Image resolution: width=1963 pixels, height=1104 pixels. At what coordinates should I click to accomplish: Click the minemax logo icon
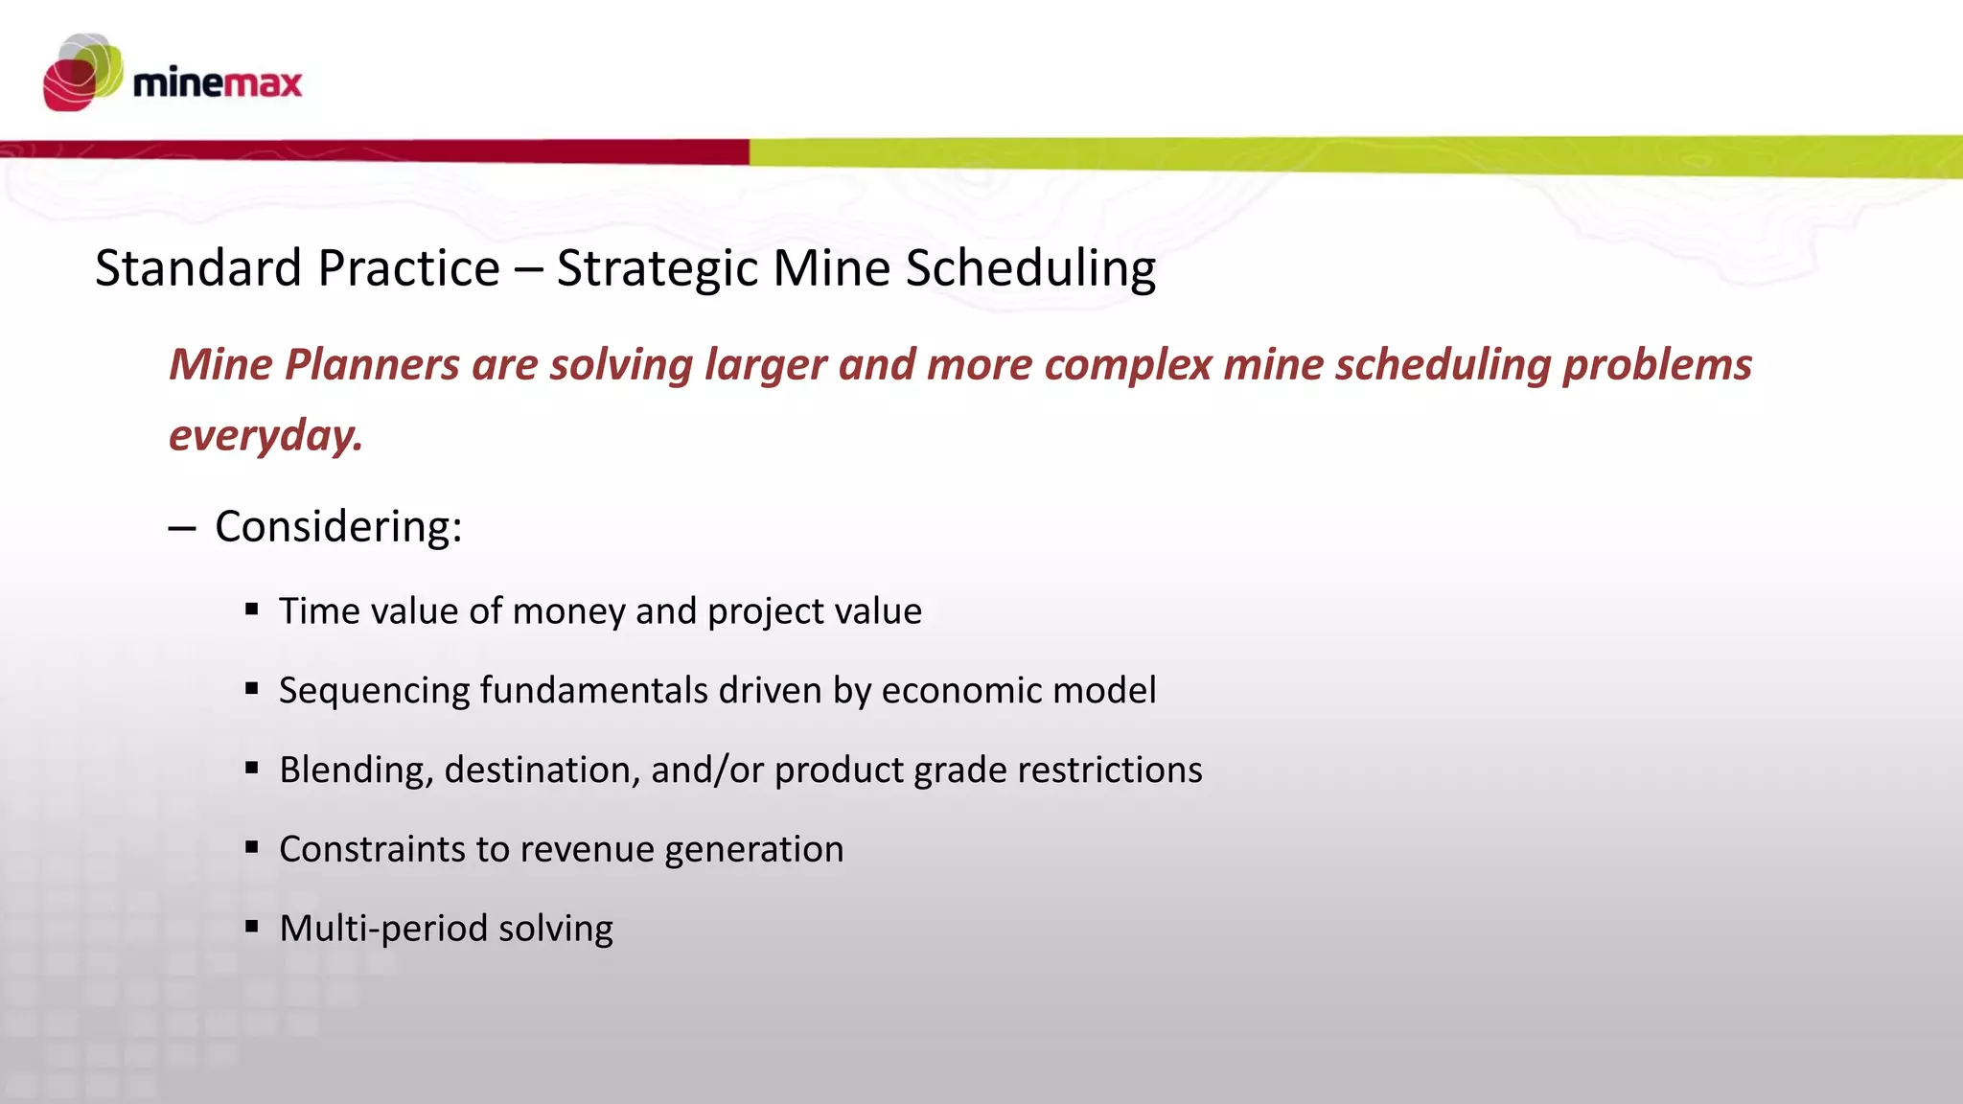tap(82, 73)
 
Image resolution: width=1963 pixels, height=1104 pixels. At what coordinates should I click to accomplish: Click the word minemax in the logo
tap(218, 83)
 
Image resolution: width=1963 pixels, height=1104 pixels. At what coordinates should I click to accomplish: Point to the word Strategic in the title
tap(658, 269)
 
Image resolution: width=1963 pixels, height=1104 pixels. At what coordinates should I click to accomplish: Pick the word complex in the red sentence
tap(1127, 365)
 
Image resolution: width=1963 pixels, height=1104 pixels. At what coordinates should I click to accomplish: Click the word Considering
tap(338, 526)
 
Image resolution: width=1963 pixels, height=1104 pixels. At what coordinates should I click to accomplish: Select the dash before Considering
tap(181, 528)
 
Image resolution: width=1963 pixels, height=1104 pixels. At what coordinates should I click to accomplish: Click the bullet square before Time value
tap(252, 609)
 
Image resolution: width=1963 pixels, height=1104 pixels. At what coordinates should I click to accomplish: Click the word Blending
tap(355, 770)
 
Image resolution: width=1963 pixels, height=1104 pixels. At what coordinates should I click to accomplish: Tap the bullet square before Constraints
tap(252, 846)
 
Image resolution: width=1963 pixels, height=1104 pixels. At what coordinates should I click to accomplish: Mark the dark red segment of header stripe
tap(383, 150)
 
